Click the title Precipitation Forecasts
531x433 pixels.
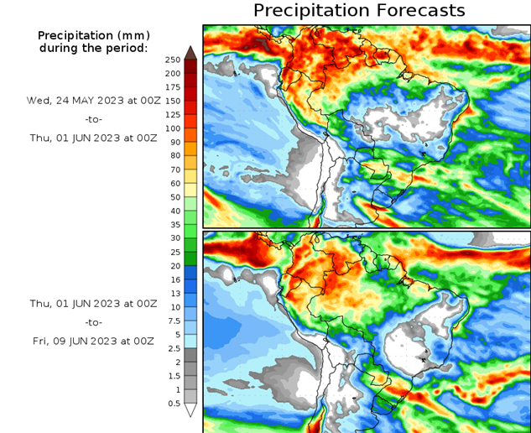pos(358,11)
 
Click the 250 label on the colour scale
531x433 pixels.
pos(172,60)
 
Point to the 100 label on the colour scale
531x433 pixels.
pos(172,128)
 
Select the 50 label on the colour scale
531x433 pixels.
pos(172,197)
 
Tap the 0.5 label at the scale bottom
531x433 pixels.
pos(172,404)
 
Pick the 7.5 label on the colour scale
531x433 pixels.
pos(172,321)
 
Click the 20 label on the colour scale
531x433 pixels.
pos(172,266)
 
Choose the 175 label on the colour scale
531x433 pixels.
pos(172,87)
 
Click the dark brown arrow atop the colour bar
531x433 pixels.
pos(190,53)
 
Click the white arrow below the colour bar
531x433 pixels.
pos(190,410)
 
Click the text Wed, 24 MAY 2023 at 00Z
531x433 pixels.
pos(92,100)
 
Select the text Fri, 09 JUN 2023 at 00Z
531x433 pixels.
pos(92,341)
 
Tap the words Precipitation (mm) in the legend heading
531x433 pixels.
pos(92,36)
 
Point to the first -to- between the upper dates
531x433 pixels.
pos(92,119)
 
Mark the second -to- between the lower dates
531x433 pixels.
pos(92,322)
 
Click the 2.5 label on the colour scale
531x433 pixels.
pos(172,348)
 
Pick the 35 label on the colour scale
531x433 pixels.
pos(172,225)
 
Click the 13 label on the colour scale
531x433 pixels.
pos(172,294)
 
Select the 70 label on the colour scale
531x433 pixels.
pos(172,170)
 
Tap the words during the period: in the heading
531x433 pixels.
pos(92,48)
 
